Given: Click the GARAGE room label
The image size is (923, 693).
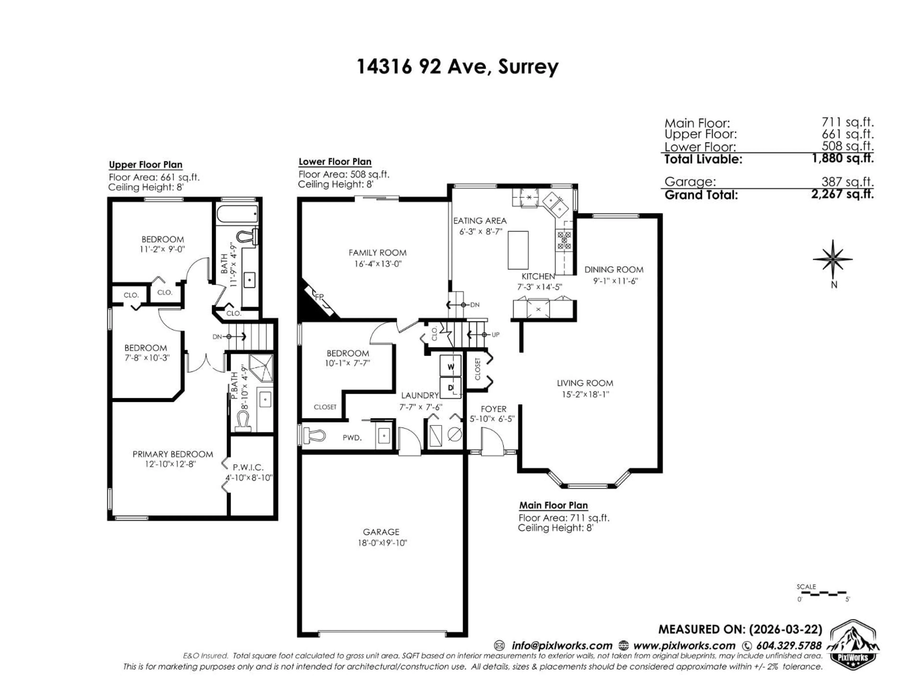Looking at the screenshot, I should click(x=381, y=532).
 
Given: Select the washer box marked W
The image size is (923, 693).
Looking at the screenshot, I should click(x=451, y=366).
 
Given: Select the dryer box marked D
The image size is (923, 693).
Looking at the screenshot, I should click(x=451, y=387).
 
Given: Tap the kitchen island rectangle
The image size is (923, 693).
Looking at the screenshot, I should click(x=518, y=250).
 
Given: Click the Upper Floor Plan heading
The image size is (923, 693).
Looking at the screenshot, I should click(x=146, y=165).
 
